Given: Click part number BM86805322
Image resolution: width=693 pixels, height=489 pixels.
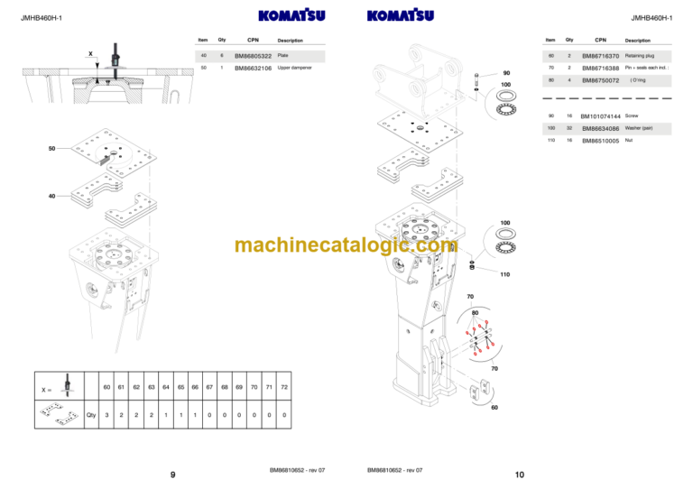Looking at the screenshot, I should (253, 56).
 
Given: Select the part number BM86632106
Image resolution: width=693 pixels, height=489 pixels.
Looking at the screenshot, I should (253, 68).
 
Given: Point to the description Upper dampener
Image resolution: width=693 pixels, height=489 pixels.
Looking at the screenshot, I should (295, 68).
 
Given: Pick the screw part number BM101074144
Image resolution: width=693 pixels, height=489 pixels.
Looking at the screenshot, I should (600, 116).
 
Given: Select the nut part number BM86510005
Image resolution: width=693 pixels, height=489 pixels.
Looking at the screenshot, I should (600, 141).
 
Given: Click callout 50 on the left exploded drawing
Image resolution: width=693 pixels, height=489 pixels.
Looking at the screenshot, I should (52, 147).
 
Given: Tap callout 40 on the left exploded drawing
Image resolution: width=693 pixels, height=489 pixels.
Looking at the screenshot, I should (52, 196).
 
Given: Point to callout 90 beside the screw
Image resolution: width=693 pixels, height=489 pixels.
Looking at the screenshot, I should (506, 73).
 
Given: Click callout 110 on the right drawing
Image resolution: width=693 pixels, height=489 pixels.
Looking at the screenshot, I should (504, 274).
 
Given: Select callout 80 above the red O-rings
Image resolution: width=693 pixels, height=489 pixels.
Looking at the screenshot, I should (476, 313).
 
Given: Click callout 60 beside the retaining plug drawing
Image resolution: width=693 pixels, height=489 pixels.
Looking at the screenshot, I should (494, 407).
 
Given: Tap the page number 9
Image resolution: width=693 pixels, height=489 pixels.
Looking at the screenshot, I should (172, 475).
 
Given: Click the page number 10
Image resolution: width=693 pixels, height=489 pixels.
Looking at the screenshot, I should (520, 475).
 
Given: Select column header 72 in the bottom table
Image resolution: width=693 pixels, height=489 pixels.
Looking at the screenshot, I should (284, 387).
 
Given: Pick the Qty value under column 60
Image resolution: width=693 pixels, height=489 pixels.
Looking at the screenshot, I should (107, 415).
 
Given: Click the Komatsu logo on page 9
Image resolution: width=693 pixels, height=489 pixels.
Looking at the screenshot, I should (291, 15).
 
